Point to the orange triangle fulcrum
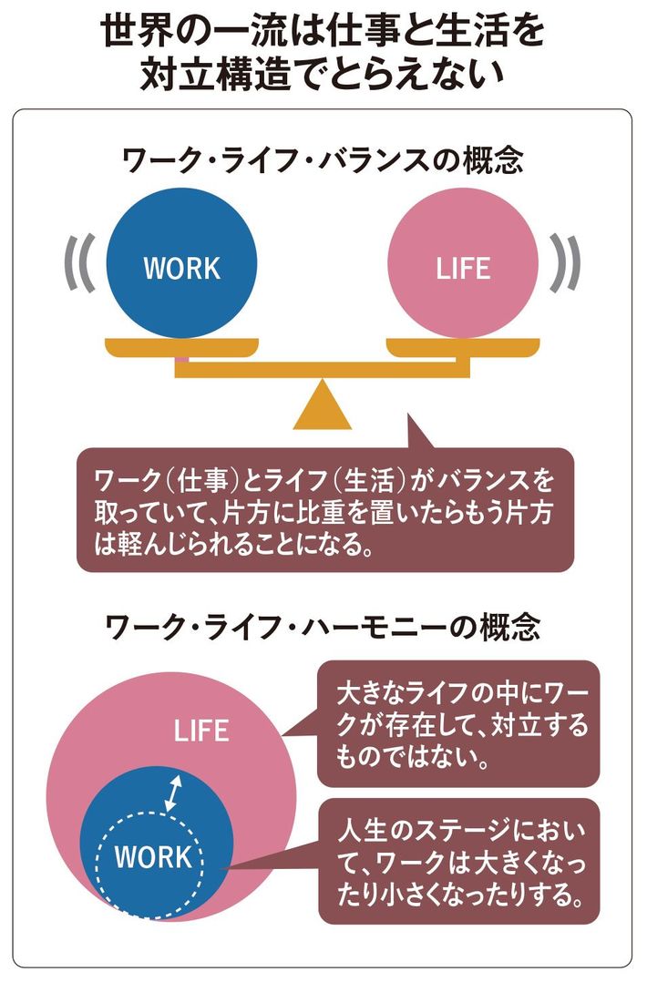323,406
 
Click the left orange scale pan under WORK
182,347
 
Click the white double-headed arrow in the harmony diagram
172,793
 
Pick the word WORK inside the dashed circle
153,857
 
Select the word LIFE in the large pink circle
201,730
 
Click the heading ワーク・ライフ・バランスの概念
323,161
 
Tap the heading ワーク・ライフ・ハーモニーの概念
323,626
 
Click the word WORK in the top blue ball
182,268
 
